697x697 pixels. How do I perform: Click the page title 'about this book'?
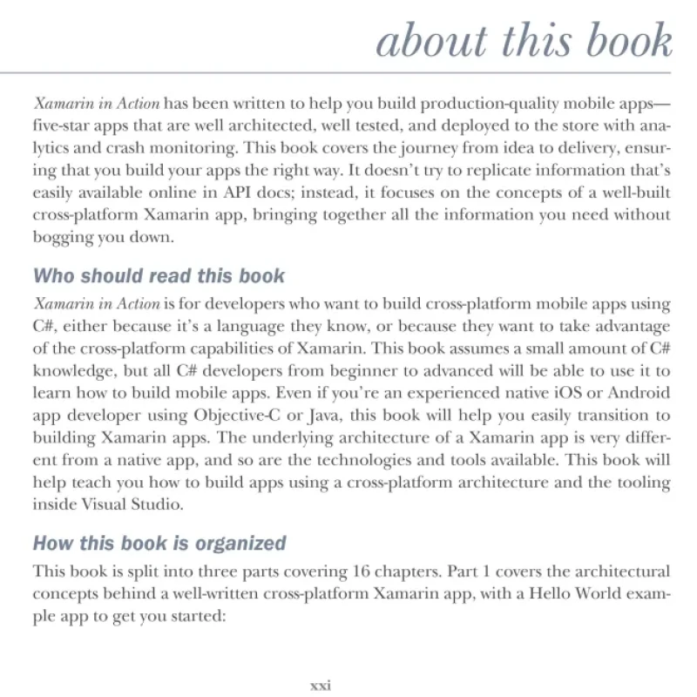tap(524, 41)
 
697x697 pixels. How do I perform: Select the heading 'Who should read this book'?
tap(159, 277)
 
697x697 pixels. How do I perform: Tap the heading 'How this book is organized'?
tap(159, 544)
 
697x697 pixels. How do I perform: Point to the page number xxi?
tap(321, 684)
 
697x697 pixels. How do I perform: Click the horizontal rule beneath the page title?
tap(348, 72)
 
